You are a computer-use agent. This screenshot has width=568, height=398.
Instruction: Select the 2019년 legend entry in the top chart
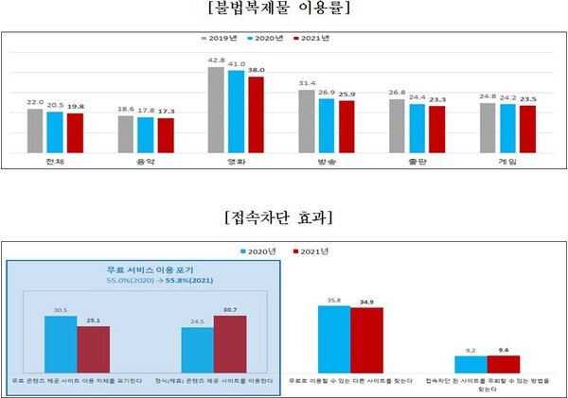coord(221,41)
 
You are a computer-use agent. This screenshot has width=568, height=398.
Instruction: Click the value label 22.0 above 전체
coord(35,102)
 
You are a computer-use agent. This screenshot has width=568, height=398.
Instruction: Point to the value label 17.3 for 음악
coord(166,112)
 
